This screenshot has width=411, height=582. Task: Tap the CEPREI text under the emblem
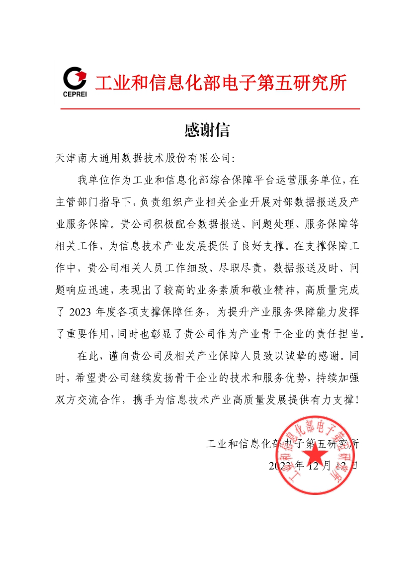(75, 94)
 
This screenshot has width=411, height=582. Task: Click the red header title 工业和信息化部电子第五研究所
(220, 82)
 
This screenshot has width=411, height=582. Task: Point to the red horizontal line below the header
(210, 108)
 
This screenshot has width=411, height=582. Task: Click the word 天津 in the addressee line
(65, 158)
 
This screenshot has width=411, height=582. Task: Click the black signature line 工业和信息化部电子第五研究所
(282, 443)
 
